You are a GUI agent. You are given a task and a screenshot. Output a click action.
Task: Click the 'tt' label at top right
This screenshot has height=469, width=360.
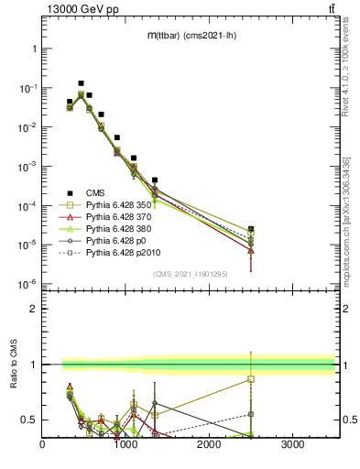pyautogui.click(x=329, y=9)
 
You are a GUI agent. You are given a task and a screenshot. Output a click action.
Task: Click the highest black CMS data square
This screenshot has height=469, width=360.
pyautogui.click(x=81, y=83)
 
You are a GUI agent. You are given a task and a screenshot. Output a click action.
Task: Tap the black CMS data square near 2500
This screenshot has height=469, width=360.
pyautogui.click(x=251, y=229)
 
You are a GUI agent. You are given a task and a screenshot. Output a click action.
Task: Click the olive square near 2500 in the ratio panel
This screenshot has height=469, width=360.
pyautogui.click(x=251, y=378)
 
